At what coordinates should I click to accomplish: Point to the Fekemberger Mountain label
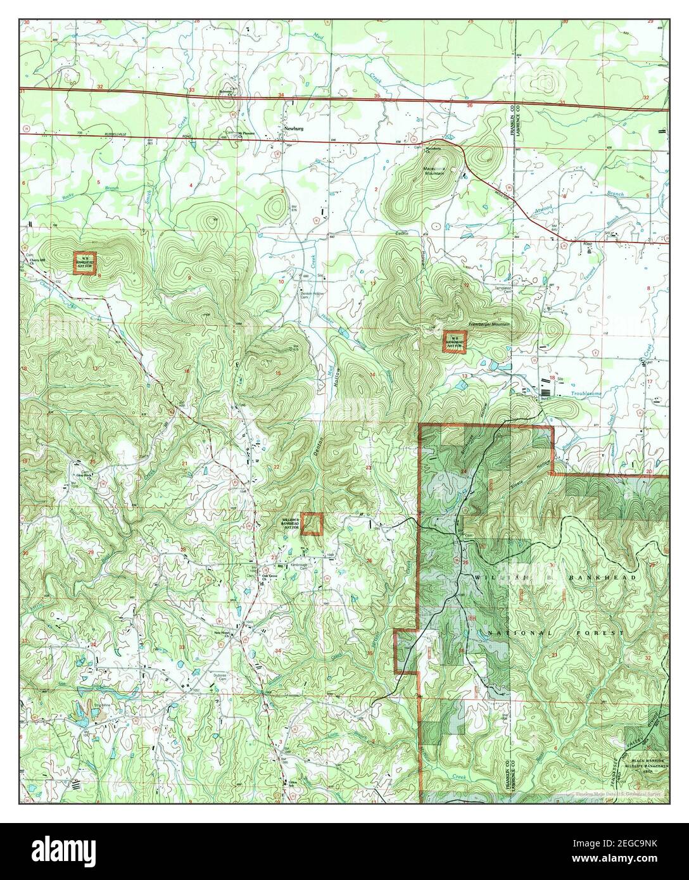click(489, 324)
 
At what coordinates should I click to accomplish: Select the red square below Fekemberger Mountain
click(454, 342)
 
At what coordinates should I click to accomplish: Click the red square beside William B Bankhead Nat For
click(312, 524)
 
